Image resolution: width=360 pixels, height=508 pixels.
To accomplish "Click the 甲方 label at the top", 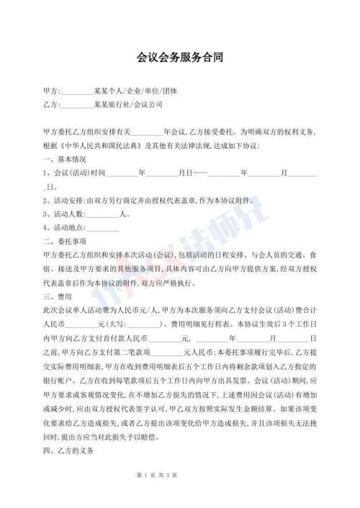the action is point(50,92).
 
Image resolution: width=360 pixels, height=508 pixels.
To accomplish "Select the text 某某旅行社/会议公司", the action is point(128,104).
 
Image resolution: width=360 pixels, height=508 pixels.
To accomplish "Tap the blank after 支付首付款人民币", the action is point(166,336).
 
